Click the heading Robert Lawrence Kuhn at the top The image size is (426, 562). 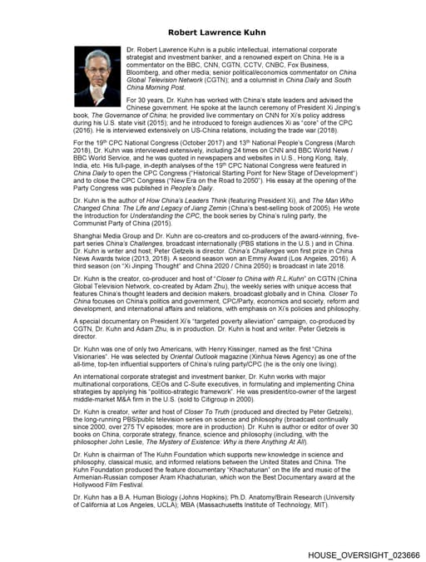tap(212, 32)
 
